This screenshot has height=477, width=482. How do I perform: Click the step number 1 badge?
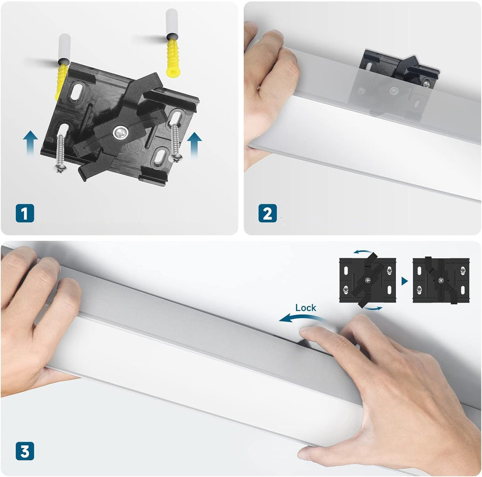pyautogui.click(x=24, y=213)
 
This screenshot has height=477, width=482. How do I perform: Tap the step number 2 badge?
pyautogui.click(x=267, y=213)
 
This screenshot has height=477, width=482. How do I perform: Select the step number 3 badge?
pyautogui.click(x=24, y=451)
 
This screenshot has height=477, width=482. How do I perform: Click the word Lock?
pyautogui.click(x=305, y=308)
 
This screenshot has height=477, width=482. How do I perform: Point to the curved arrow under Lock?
pyautogui.click(x=303, y=317)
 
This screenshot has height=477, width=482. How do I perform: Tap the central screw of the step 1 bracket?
pyautogui.click(x=120, y=133)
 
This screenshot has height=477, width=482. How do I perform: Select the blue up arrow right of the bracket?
pyautogui.click(x=194, y=144)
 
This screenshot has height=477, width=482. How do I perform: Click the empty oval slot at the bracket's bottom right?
pyautogui.click(x=160, y=157)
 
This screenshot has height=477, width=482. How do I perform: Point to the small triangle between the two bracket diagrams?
pyautogui.click(x=404, y=281)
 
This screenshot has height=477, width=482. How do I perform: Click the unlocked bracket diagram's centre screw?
pyautogui.click(x=368, y=280)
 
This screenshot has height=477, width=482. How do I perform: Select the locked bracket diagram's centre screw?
pyautogui.click(x=441, y=280)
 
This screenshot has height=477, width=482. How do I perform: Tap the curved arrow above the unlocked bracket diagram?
pyautogui.click(x=363, y=252)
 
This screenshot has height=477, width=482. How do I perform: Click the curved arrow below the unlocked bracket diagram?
pyautogui.click(x=373, y=308)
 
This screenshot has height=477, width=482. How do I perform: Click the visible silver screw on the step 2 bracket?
pyautogui.click(x=426, y=83)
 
